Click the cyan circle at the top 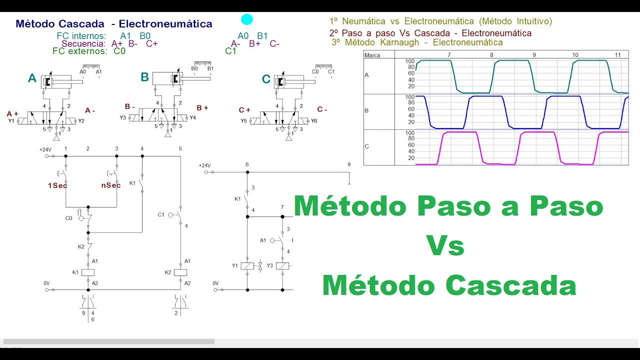click(x=246, y=19)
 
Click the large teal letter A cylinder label click(x=32, y=78)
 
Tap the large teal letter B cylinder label click(x=144, y=77)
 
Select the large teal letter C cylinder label click(x=266, y=79)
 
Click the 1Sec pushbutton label click(x=57, y=185)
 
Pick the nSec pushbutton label click(x=111, y=185)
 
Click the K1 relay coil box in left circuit click(x=88, y=272)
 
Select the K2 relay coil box click(x=180, y=272)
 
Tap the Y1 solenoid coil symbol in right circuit click(x=247, y=266)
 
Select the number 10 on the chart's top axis click(x=575, y=55)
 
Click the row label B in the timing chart click(x=366, y=110)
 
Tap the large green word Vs click(x=445, y=246)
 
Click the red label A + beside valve click(x=12, y=113)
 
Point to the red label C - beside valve click(x=322, y=109)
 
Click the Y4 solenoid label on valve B click(x=192, y=118)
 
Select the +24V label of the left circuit click(x=46, y=149)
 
